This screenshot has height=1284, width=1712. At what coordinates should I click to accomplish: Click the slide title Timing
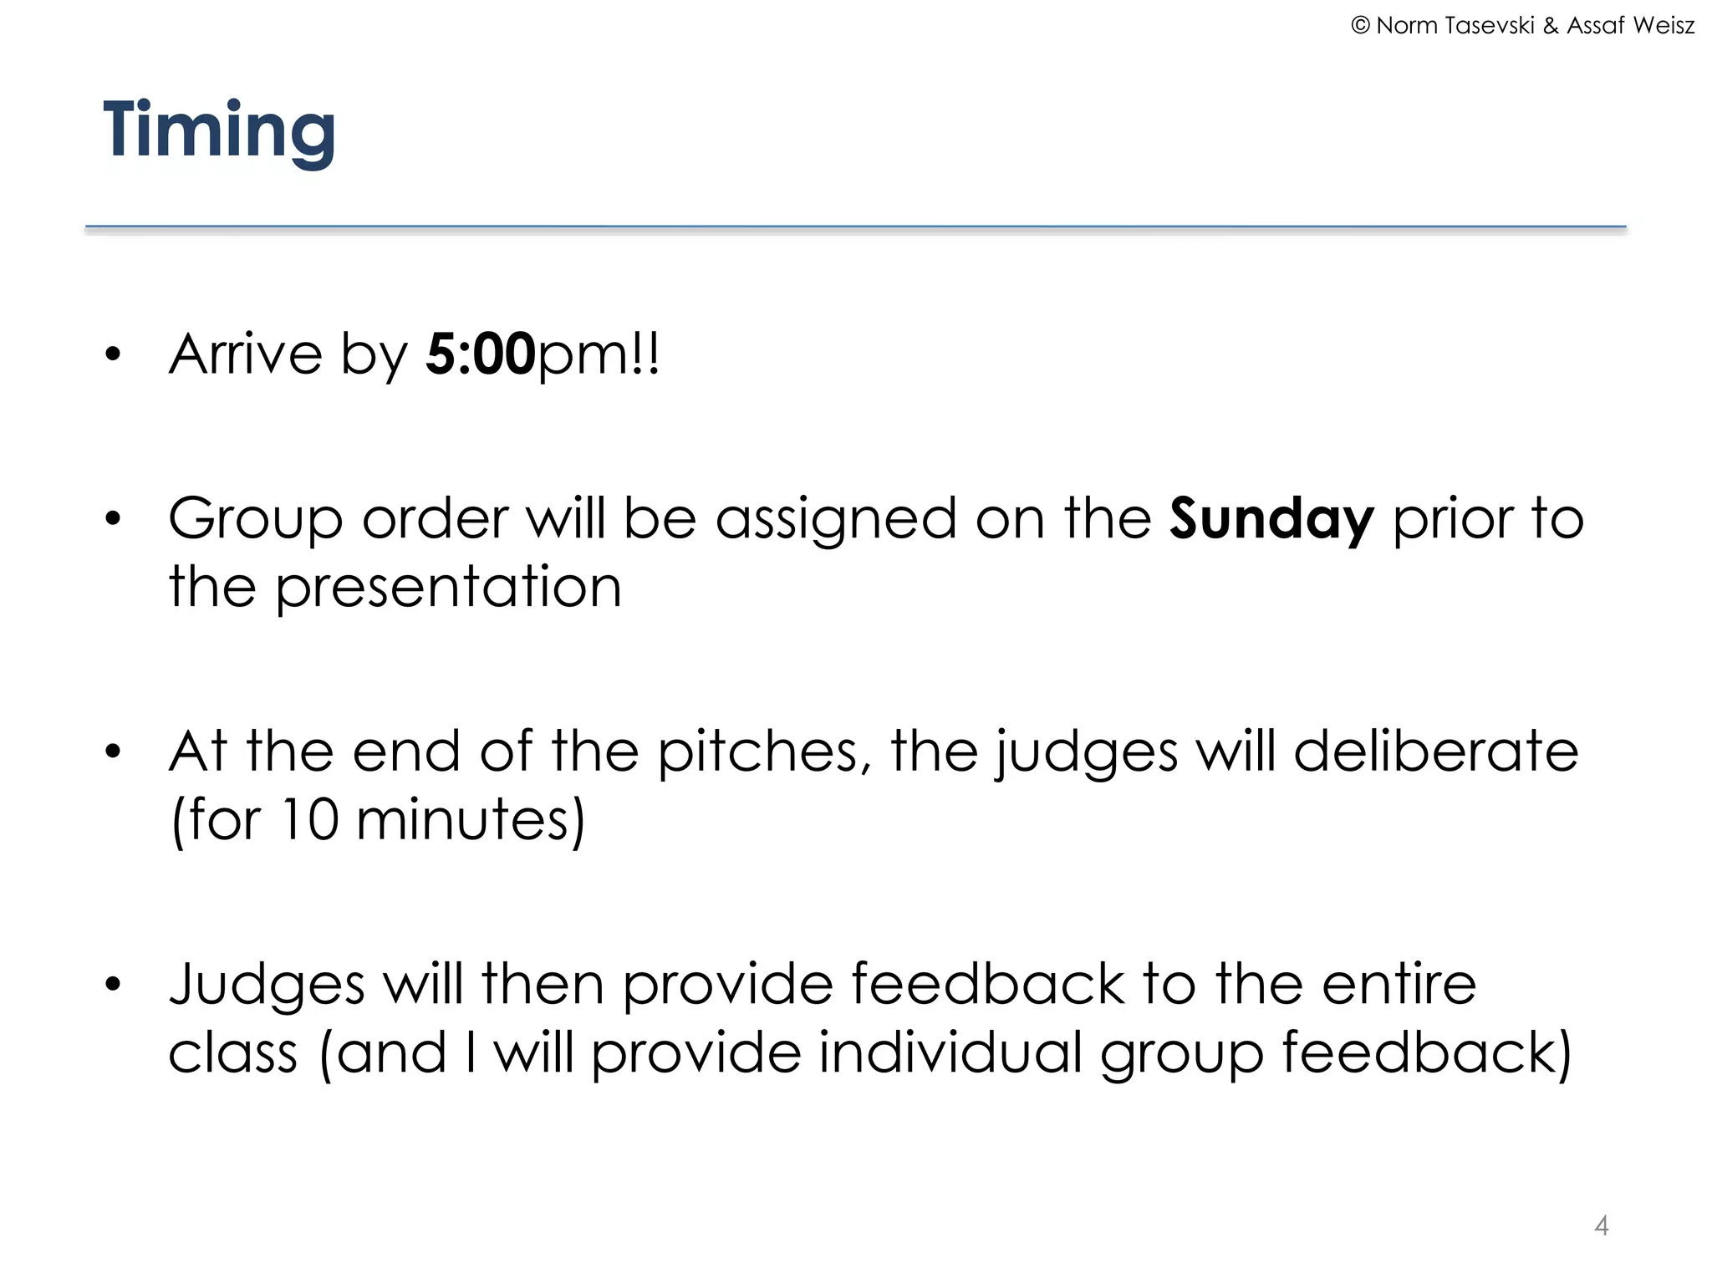219,130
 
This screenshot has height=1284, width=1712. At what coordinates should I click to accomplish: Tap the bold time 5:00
480,354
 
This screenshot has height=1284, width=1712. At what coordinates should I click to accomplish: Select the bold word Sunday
1271,518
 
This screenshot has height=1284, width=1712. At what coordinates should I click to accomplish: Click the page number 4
1601,1225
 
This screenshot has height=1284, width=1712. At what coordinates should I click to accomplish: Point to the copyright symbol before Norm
1360,26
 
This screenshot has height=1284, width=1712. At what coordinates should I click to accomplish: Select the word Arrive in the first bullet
246,354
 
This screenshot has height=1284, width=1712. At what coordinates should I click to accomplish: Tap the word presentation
449,587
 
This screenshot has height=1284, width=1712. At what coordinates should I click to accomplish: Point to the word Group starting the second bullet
256,520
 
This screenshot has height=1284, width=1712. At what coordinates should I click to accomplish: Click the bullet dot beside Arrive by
113,355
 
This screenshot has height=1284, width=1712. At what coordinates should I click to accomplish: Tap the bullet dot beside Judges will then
113,985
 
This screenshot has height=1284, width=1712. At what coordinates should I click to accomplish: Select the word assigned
836,520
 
